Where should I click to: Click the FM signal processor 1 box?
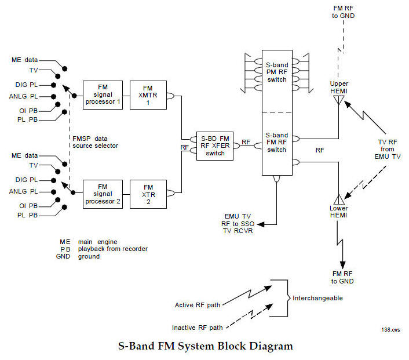103,95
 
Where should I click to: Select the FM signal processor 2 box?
103,194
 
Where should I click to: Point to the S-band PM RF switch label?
277,72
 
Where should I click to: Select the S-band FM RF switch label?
277,142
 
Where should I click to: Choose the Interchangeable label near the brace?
318,298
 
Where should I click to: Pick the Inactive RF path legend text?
197,327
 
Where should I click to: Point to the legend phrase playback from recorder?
113,249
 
